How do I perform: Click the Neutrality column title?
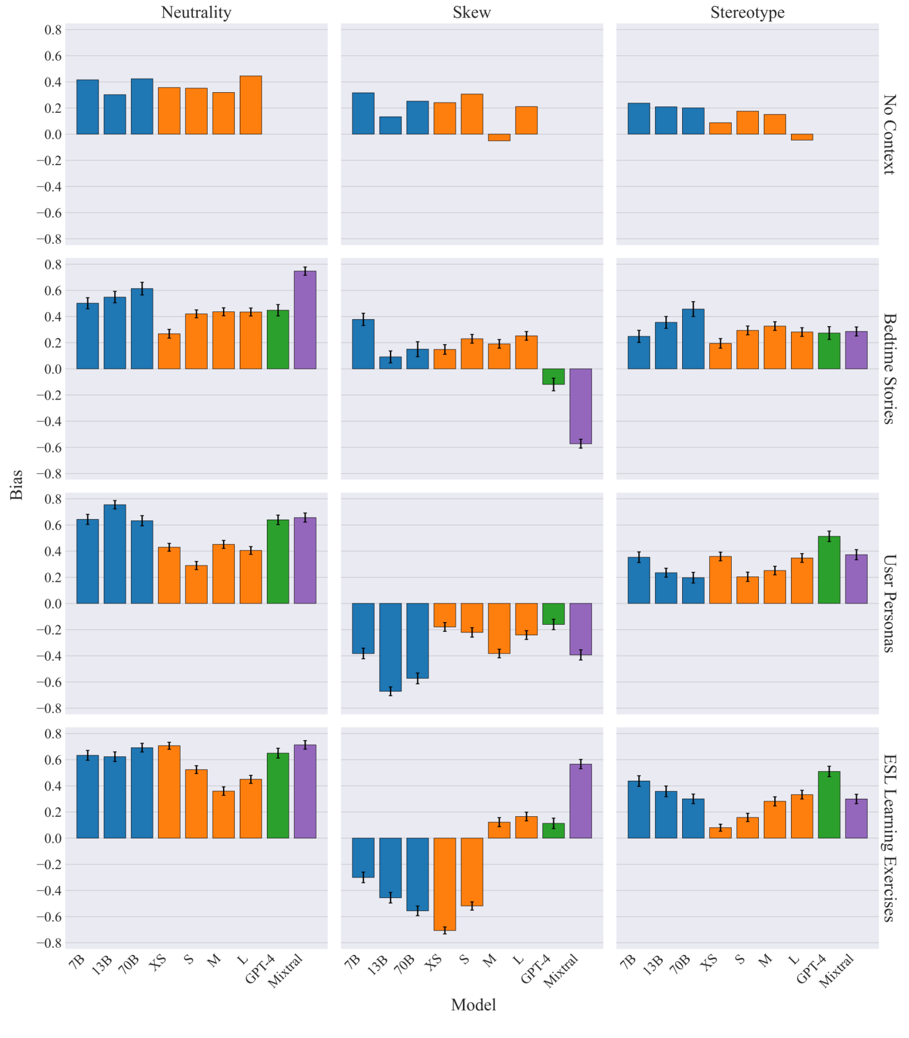coord(196,12)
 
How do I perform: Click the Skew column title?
coord(471,12)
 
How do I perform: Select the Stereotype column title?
coord(747,12)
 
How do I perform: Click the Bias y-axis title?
coord(17,484)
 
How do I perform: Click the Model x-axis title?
coord(473,1004)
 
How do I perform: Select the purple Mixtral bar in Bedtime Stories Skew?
coord(580,406)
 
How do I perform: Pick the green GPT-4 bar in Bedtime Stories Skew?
coord(553,377)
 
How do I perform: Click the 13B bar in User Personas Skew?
coord(390,647)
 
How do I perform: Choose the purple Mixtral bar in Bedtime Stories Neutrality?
coord(305,320)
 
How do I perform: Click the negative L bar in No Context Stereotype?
coord(801,137)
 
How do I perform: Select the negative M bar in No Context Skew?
coord(499,137)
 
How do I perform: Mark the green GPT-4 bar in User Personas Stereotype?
coord(829,570)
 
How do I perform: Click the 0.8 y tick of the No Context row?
coord(53,30)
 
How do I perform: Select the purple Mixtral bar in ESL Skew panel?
coord(580,801)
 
